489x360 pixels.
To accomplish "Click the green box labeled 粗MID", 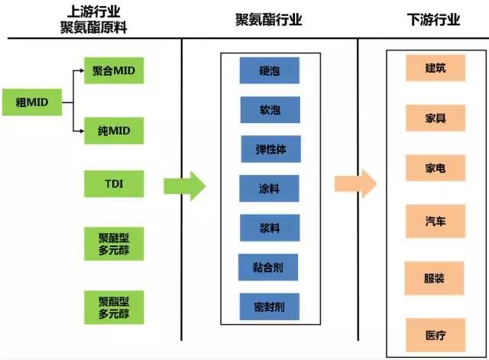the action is [32, 102].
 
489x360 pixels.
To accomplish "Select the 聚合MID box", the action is [114, 70].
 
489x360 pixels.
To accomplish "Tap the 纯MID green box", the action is [114, 131].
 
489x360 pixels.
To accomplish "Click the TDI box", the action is [114, 183].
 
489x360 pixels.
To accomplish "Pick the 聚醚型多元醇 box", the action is [114, 244].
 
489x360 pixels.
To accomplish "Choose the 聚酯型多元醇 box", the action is [114, 307].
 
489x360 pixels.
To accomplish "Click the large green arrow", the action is [185, 186].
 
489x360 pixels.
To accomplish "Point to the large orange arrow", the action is [355, 183].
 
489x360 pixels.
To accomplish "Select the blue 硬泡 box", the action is [270, 70].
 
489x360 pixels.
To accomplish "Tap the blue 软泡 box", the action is [270, 110].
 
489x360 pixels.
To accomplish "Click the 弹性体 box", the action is [270, 149].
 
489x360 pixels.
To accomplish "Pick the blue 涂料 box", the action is [269, 189].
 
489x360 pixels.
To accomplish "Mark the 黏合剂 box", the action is [268, 268].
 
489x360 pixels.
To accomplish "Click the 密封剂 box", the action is [270, 306].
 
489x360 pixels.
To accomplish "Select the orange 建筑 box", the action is [436, 68].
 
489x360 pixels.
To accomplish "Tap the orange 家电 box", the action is [436, 168].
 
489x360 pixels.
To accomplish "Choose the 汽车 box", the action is [436, 222].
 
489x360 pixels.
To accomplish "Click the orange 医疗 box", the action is [436, 336].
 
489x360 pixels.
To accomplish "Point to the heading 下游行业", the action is [433, 20].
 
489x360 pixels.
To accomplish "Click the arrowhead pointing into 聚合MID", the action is [82, 70].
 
